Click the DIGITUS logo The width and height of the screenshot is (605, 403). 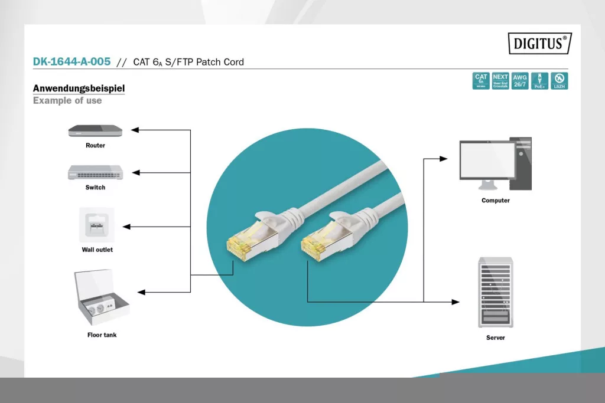pos(540,43)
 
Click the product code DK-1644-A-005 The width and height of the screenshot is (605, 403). pos(71,61)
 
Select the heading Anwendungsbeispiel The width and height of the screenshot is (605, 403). pos(79,89)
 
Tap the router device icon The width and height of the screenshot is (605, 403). pos(95,130)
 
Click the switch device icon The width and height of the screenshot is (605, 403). pos(95,172)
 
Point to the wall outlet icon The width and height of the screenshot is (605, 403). pos(96,225)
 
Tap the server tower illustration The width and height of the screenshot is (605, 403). pos(495,293)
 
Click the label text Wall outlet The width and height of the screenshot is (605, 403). pos(97,250)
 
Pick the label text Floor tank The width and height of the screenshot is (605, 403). pos(102,335)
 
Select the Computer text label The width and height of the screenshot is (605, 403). pos(495,201)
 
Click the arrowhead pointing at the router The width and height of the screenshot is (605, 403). pos(135,130)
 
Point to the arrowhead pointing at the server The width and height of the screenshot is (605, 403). pos(456,302)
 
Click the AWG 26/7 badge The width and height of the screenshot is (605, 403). pos(520,81)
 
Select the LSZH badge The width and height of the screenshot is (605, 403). pos(559,81)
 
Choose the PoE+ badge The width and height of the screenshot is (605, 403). pos(539,81)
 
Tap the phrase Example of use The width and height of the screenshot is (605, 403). pos(67,100)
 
